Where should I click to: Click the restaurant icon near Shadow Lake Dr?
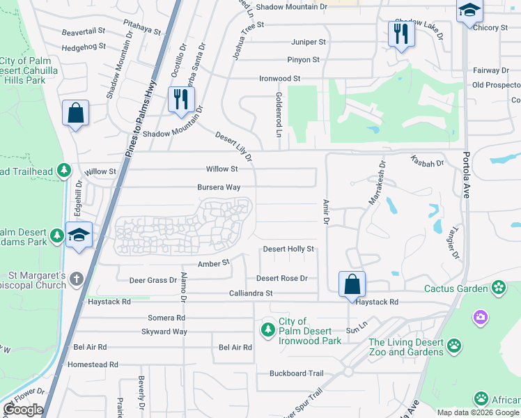point(401,34)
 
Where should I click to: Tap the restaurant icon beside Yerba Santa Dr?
point(178,99)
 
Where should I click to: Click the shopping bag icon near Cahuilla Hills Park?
point(75,114)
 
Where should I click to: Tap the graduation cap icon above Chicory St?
point(469,11)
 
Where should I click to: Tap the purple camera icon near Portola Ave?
point(481,318)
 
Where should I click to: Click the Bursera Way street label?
point(219,187)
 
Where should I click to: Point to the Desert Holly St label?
point(288,249)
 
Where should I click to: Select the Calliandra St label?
point(251,294)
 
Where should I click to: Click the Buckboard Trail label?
point(297,373)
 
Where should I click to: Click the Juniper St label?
point(306,42)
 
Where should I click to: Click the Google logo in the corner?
point(22,410)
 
